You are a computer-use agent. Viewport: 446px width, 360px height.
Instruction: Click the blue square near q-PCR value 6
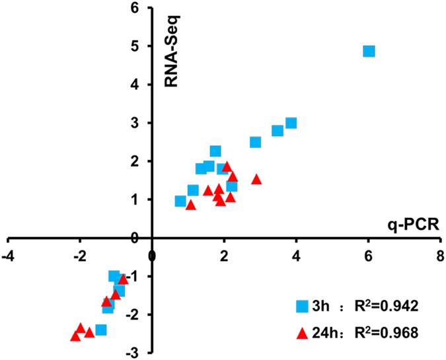[369, 52]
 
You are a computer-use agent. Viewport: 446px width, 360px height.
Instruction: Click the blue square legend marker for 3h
[301, 306]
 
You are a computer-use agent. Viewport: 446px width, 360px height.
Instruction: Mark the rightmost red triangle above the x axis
[256, 179]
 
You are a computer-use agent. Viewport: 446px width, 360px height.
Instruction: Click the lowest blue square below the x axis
[101, 330]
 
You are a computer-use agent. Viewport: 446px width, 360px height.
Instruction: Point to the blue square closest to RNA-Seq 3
[291, 123]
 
